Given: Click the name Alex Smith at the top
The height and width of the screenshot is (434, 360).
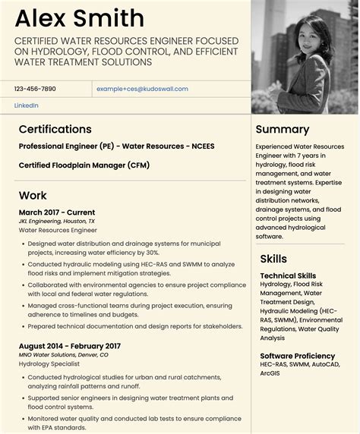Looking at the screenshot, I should pyautogui.click(x=79, y=18).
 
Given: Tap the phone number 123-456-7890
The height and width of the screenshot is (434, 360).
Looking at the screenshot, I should pyautogui.click(x=35, y=89).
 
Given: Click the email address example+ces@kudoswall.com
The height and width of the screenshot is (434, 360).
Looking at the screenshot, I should pyautogui.click(x=142, y=89).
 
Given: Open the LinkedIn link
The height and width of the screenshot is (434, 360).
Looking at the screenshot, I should pyautogui.click(x=27, y=105).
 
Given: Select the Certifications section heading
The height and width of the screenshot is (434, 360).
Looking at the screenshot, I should pyautogui.click(x=55, y=129).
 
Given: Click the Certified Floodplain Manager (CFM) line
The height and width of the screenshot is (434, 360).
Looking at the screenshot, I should pyautogui.click(x=84, y=165).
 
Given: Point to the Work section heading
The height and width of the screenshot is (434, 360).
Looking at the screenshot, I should pyautogui.click(x=33, y=195).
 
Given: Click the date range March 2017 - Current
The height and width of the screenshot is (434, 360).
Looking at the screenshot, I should pyautogui.click(x=57, y=212).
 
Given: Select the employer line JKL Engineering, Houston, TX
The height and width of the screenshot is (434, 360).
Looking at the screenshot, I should pyautogui.click(x=57, y=221).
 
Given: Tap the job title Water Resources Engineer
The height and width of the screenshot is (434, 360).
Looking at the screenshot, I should pyautogui.click(x=58, y=230).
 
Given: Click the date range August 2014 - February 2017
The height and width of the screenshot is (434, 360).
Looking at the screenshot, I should pyautogui.click(x=70, y=346).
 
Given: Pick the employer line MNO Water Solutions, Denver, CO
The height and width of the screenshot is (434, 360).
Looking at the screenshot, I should pyautogui.click(x=64, y=354).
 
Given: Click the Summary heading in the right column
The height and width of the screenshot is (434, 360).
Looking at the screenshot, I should pyautogui.click(x=283, y=129).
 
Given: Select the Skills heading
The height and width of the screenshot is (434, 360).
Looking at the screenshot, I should pyautogui.click(x=273, y=259).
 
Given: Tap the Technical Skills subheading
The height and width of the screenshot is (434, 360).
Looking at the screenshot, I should pyautogui.click(x=289, y=276).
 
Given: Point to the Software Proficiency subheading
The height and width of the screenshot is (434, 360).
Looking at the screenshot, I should pyautogui.click(x=297, y=356).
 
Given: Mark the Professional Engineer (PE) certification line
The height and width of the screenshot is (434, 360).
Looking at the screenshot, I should pyautogui.click(x=117, y=146).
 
